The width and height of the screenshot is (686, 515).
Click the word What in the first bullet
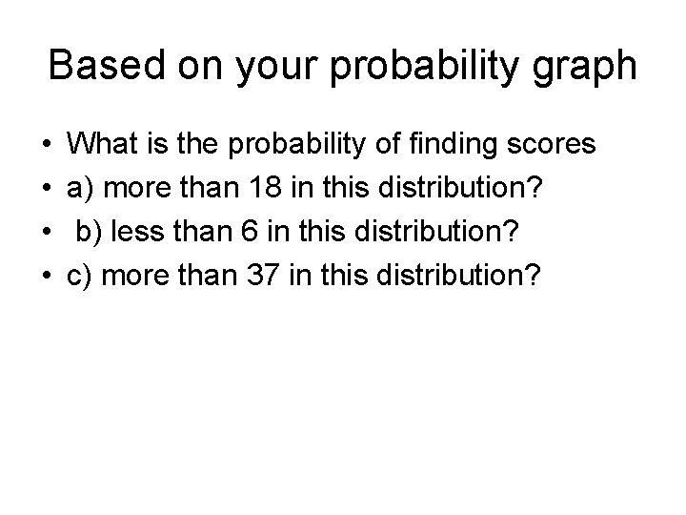103,145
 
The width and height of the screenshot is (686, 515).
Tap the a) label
80,189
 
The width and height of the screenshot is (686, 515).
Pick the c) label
80,277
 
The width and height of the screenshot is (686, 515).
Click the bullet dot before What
48,147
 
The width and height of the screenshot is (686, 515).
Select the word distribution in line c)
456,277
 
